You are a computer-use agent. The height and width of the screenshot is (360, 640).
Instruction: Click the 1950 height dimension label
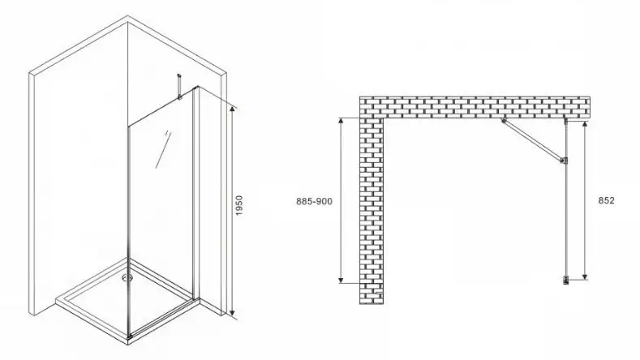pyautogui.click(x=239, y=206)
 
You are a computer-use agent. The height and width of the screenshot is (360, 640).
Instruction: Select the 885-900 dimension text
pyautogui.click(x=314, y=201)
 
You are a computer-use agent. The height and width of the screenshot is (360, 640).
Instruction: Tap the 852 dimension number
pyautogui.click(x=606, y=201)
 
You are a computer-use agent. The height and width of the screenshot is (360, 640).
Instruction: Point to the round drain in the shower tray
pyautogui.click(x=127, y=278)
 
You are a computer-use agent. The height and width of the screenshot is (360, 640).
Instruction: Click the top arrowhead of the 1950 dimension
pyautogui.click(x=232, y=109)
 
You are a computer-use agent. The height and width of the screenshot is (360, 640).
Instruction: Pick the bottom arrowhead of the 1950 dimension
pyautogui.click(x=232, y=313)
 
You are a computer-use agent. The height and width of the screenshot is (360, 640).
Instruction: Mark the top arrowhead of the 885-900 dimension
pyautogui.click(x=341, y=121)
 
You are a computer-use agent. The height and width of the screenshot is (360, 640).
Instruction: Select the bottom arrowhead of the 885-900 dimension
pyautogui.click(x=341, y=279)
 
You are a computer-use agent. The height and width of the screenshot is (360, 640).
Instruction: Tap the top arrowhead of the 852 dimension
pyautogui.click(x=585, y=125)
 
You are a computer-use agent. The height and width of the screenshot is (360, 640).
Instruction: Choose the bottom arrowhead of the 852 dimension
pyautogui.click(x=585, y=276)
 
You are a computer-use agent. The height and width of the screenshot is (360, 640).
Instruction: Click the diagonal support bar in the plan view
pyautogui.click(x=533, y=140)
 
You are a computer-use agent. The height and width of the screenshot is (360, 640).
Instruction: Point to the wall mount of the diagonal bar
pyautogui.click(x=504, y=121)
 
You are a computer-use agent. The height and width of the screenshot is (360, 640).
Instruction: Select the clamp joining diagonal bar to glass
pyautogui.click(x=564, y=161)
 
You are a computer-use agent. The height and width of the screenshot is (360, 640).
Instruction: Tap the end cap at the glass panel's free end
pyautogui.click(x=566, y=281)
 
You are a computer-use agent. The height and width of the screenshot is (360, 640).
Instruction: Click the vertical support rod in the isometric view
pyautogui.click(x=178, y=86)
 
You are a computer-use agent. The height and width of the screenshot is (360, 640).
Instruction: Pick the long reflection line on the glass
pyautogui.click(x=164, y=149)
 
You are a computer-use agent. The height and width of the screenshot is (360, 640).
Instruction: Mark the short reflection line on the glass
pyautogui.click(x=166, y=134)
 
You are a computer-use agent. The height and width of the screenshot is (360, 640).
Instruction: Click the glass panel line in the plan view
pyautogui.click(x=565, y=200)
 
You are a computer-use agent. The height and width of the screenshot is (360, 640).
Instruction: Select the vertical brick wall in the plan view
pyautogui.click(x=372, y=211)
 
